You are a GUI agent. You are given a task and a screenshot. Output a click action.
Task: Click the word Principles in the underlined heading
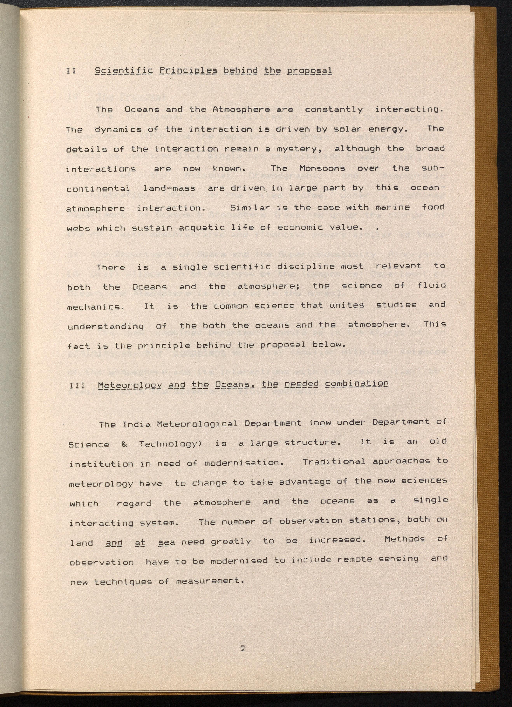tap(188, 71)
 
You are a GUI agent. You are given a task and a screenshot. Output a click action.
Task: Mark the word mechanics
tap(95, 307)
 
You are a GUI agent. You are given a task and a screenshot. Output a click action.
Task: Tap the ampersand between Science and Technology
tap(124, 444)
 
